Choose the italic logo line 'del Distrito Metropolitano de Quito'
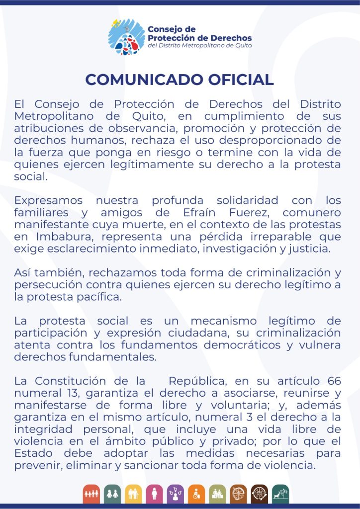click(199, 46)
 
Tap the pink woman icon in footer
click(154, 494)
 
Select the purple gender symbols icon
click(176, 494)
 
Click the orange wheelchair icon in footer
click(196, 494)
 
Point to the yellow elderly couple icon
click(133, 494)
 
